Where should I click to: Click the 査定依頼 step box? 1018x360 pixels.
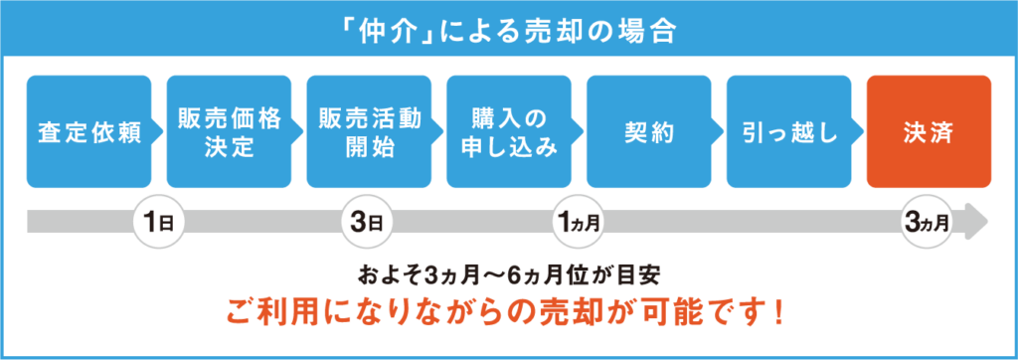point(88,132)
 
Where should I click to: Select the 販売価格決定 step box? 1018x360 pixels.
point(229,132)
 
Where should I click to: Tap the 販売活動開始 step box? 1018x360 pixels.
point(369,132)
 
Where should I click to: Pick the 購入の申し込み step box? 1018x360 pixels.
point(509,132)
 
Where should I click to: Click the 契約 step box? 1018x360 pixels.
point(648,132)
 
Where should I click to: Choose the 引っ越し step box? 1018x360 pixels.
point(788,132)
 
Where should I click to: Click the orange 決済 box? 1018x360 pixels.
point(930,132)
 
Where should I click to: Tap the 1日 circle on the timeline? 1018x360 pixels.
point(158,222)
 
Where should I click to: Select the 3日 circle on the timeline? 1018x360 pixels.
point(368,222)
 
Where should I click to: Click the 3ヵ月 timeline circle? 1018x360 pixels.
point(929,222)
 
